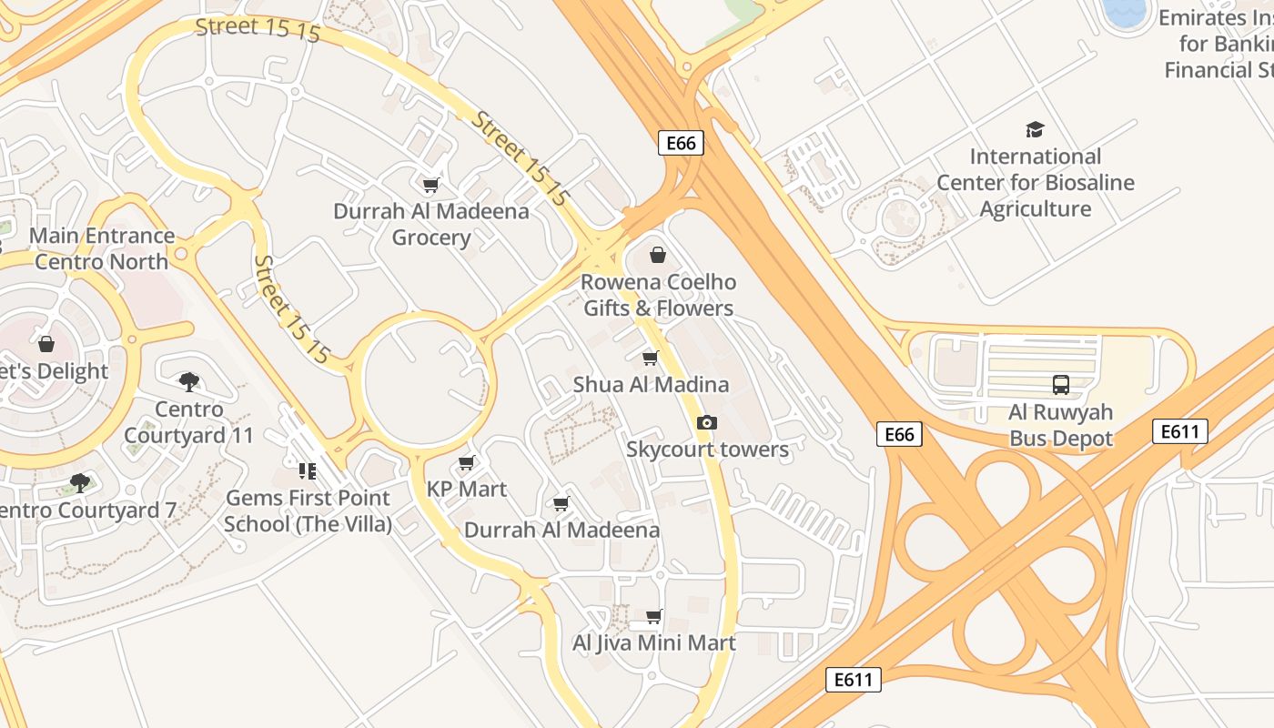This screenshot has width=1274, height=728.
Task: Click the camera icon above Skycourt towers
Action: pyautogui.click(x=706, y=423)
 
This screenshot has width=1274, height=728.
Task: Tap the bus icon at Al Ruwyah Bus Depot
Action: pyautogui.click(x=1060, y=385)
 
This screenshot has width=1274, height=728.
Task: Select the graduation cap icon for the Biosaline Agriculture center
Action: pyautogui.click(x=1035, y=129)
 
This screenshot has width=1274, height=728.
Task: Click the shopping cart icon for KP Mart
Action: pyautogui.click(x=467, y=463)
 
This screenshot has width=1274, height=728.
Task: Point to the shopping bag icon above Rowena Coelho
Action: pyautogui.click(x=658, y=255)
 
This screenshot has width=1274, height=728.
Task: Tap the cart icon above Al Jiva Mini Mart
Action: pyautogui.click(x=653, y=617)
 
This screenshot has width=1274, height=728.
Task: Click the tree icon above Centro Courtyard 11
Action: pyautogui.click(x=188, y=381)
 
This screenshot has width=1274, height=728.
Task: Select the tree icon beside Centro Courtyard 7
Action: pyautogui.click(x=80, y=482)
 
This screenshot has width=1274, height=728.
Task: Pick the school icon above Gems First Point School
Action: pyautogui.click(x=307, y=471)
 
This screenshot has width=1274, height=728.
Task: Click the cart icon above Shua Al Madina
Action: pyautogui.click(x=650, y=359)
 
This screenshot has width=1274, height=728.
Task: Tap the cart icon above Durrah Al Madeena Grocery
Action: pyautogui.click(x=430, y=186)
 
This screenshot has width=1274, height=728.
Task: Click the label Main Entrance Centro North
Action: pyautogui.click(x=102, y=248)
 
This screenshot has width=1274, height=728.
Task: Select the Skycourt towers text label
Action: pyautogui.click(x=707, y=450)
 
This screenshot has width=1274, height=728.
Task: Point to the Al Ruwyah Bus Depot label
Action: pyautogui.click(x=1060, y=425)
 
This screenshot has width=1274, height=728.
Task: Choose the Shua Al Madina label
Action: pyautogui.click(x=651, y=385)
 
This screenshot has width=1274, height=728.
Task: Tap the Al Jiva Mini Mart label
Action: pyautogui.click(x=653, y=643)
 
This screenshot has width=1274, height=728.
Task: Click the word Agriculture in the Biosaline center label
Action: pyautogui.click(x=1035, y=209)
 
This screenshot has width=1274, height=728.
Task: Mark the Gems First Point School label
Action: pyautogui.click(x=308, y=511)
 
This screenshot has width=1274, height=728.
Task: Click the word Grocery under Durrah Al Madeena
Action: pyautogui.click(x=430, y=238)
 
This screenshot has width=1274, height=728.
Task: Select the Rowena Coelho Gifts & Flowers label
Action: pyautogui.click(x=658, y=295)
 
